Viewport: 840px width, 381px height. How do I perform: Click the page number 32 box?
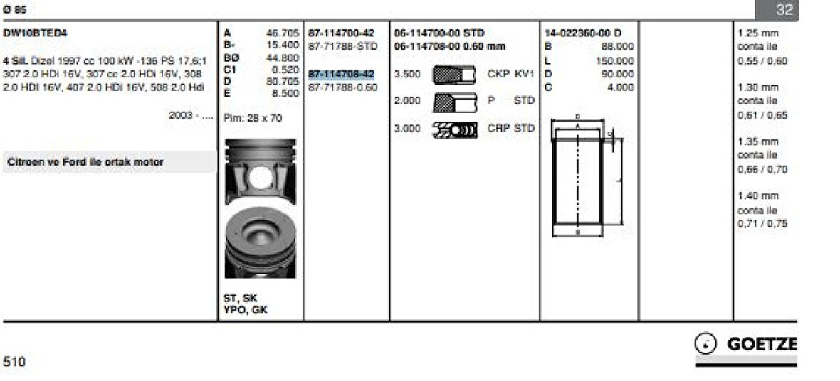784,10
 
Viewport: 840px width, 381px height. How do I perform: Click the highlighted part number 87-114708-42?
341,74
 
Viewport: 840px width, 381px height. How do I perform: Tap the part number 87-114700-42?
341,33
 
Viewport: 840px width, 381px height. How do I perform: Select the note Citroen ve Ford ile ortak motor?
85,162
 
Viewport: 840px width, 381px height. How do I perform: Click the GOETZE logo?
746,345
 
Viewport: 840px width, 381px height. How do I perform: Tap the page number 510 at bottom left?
14,362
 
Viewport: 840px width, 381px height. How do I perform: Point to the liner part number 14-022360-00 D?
582,33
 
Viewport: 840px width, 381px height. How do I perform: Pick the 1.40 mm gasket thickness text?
758,196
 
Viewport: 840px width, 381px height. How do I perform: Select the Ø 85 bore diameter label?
15,10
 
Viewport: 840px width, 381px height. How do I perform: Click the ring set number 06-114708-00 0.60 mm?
450,46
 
